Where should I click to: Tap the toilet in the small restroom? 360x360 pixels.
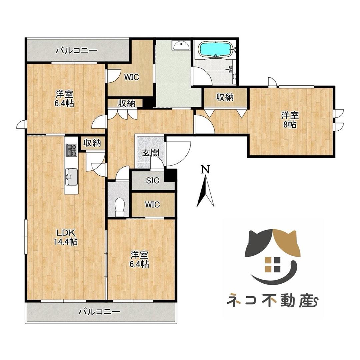pos(119,207)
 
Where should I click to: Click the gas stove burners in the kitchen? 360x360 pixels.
pos(71,150)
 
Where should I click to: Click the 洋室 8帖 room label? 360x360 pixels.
pos(290,120)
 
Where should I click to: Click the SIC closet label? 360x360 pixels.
pos(153,181)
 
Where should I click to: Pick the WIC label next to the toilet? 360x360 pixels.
pos(153,204)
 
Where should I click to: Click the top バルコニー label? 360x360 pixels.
pos(76,51)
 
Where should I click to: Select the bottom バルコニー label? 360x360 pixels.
pos(99,312)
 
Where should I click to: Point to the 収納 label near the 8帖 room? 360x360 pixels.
pos(225,97)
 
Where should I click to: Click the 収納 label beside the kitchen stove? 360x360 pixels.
pos(92,143)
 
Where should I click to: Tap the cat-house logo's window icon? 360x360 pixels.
pos(272,264)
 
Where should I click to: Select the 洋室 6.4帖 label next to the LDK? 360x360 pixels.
pos(139,260)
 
